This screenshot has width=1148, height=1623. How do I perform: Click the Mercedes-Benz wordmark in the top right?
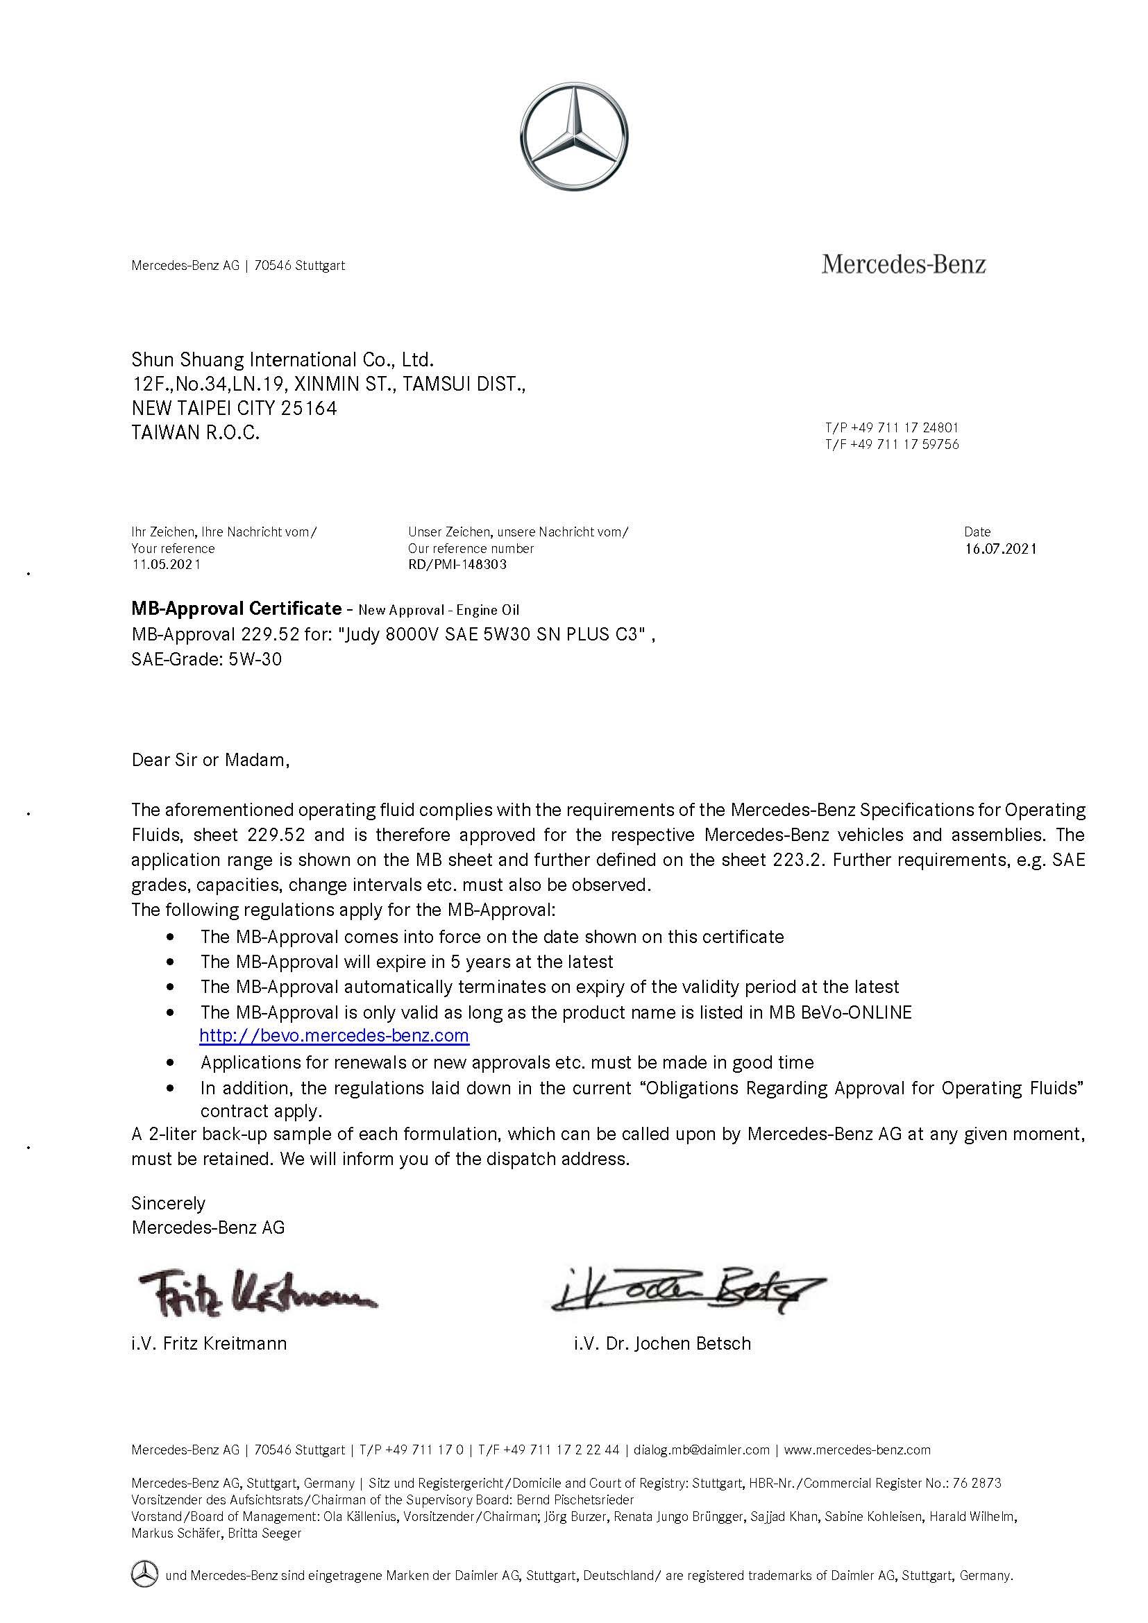(x=904, y=265)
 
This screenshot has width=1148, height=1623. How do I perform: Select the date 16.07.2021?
(x=1000, y=549)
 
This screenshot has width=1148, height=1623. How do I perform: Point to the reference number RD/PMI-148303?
(x=457, y=565)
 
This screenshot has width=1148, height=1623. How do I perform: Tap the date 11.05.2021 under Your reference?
(x=166, y=565)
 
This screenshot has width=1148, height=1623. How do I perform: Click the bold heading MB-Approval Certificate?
(x=236, y=609)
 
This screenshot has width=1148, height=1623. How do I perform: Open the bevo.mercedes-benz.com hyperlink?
(x=335, y=1035)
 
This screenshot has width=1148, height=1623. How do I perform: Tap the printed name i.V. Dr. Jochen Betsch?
(x=662, y=1343)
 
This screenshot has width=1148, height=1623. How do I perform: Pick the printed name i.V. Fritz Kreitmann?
(x=209, y=1343)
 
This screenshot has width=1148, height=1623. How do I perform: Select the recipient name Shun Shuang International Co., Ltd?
(x=282, y=360)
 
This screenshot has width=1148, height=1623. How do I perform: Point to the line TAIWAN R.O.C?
(x=196, y=432)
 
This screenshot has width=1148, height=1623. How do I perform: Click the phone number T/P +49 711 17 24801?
(x=891, y=427)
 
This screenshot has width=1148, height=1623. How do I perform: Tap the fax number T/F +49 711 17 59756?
(x=891, y=445)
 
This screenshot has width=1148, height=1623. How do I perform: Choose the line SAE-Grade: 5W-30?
(x=206, y=659)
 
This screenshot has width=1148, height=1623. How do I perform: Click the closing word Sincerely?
(x=168, y=1203)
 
